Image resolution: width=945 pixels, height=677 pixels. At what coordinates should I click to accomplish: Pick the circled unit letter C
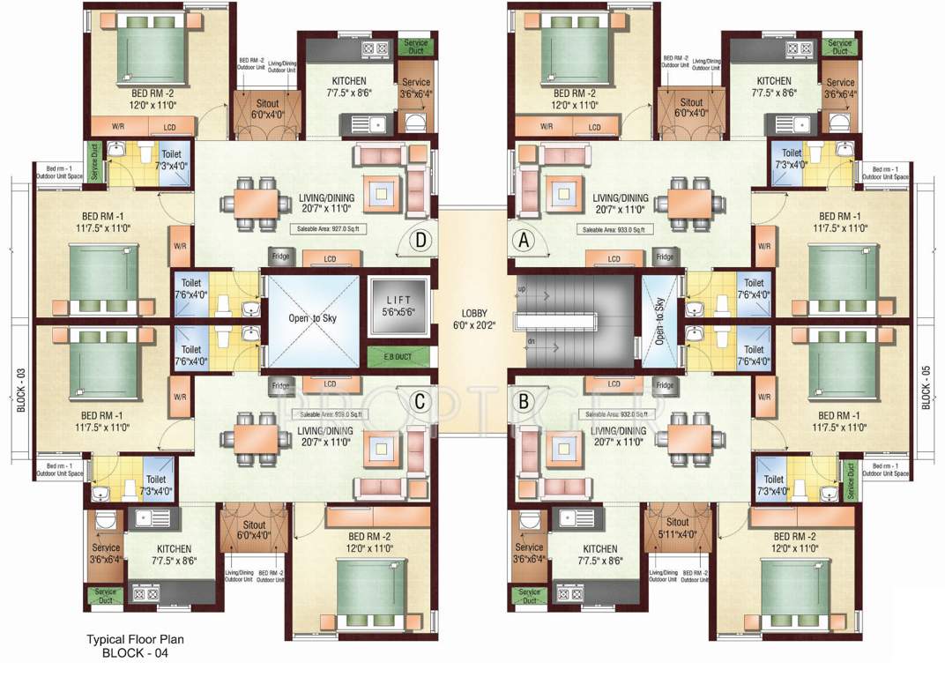pos(420,401)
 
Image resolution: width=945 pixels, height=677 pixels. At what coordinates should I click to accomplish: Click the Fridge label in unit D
pos(280,257)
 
